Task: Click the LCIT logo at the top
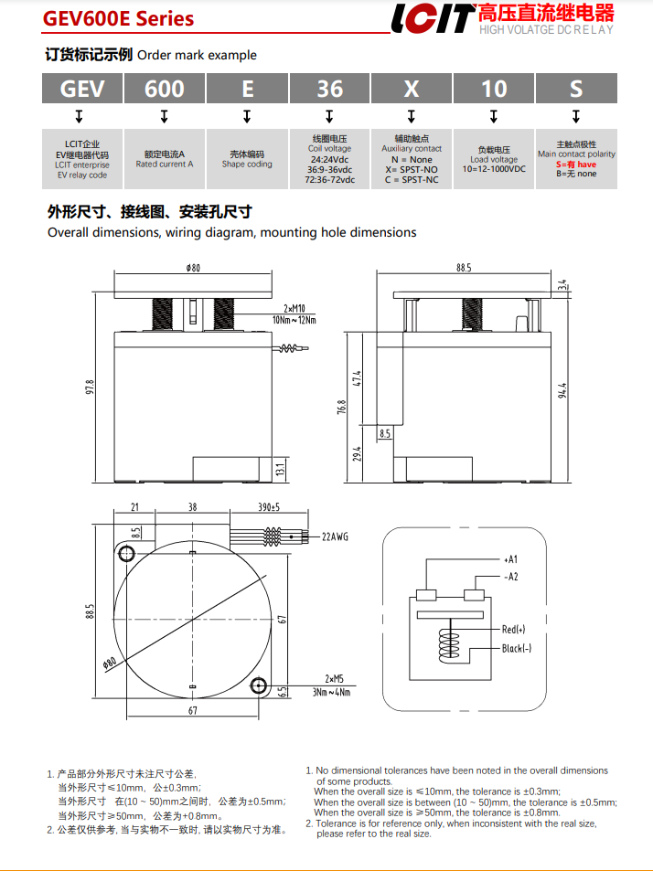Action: (x=432, y=18)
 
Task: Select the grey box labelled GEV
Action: (x=82, y=89)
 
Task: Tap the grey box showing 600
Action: (x=165, y=89)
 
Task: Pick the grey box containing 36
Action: (x=329, y=89)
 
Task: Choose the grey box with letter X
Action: (x=412, y=89)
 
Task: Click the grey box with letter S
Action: (x=576, y=89)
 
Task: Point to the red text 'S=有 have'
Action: (x=576, y=165)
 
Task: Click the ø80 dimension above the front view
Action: (x=192, y=269)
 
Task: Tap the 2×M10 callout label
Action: (x=294, y=309)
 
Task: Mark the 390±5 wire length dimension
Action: (x=268, y=506)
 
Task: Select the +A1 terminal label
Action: (x=510, y=558)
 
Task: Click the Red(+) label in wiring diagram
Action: (x=514, y=630)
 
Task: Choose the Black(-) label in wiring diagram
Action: (x=517, y=649)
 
